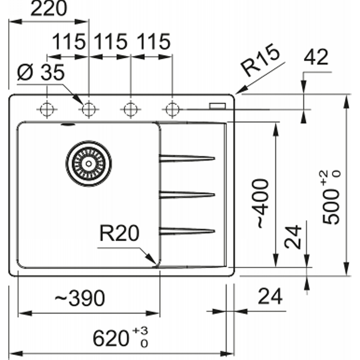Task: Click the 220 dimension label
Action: point(49,9)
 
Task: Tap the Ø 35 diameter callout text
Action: point(41,72)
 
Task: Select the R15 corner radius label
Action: point(260,59)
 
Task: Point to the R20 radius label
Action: point(119,233)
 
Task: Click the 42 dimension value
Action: point(316,58)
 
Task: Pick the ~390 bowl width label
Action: point(80,298)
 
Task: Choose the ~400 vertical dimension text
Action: point(260,203)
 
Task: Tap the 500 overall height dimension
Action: point(331,197)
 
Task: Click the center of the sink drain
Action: point(89,163)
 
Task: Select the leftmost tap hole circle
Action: point(47,109)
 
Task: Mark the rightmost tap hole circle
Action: point(172,109)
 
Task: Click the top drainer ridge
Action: point(187,158)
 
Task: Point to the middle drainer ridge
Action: point(187,195)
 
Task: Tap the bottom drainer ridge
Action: point(187,231)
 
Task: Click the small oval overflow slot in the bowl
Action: point(68,125)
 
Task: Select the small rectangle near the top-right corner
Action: point(217,106)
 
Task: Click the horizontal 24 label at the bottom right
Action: point(270,296)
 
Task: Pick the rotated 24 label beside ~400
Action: point(293,237)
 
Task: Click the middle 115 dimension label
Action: point(110,41)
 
